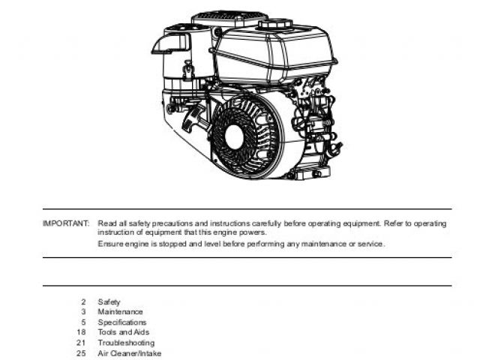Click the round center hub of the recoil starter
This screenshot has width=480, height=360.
point(235,137)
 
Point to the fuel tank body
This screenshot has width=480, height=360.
point(274,56)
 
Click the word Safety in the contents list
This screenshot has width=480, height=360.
point(109,302)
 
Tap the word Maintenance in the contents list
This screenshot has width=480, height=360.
point(120,312)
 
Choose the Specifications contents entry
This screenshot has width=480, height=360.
point(122,322)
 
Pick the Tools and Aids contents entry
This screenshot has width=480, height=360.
point(124,332)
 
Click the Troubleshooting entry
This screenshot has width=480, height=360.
point(126,343)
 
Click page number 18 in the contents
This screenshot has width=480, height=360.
point(81,332)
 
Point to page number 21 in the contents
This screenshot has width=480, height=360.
point(81,343)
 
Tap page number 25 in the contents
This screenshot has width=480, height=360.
point(81,353)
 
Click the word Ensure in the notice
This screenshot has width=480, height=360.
point(109,244)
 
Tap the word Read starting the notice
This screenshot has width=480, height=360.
point(106,223)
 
